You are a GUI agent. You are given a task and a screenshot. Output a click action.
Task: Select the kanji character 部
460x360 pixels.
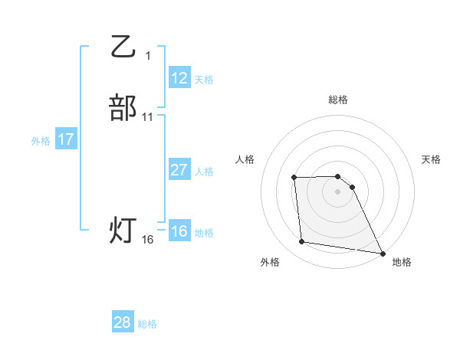[x=123, y=107]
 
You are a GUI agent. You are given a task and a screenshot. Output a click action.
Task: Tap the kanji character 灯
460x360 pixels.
[x=123, y=229]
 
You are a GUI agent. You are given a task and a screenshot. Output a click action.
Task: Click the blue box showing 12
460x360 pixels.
[x=179, y=78]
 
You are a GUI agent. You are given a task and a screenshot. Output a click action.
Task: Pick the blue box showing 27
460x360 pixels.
[x=179, y=170]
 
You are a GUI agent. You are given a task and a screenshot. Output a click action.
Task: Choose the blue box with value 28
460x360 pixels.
[x=123, y=322]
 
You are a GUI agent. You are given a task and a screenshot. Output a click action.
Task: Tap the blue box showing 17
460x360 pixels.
[x=66, y=139]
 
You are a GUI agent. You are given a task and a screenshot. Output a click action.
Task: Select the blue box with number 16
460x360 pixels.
[x=179, y=231]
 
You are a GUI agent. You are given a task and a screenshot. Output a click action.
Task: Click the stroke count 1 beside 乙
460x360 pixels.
[x=148, y=55]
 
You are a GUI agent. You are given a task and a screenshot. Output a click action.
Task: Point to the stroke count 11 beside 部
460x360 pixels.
[x=148, y=117]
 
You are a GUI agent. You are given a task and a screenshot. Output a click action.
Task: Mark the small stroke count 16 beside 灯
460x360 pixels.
[x=148, y=240]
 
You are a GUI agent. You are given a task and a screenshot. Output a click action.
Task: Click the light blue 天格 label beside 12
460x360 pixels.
[x=204, y=80]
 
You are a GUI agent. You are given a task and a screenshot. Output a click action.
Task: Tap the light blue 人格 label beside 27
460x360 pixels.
[x=204, y=172]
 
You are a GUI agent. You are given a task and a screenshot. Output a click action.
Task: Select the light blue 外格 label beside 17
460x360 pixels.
[x=41, y=141]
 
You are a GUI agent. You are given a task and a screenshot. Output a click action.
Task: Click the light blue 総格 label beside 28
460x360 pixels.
[x=147, y=324]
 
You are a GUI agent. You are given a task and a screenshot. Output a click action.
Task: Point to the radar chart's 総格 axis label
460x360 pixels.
[x=338, y=100]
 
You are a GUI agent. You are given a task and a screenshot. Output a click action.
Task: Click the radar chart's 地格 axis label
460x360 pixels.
[x=402, y=262]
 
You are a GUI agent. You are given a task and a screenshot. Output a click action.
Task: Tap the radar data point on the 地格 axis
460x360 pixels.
[x=383, y=253]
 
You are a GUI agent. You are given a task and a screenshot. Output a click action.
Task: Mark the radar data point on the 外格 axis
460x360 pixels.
[x=302, y=242]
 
